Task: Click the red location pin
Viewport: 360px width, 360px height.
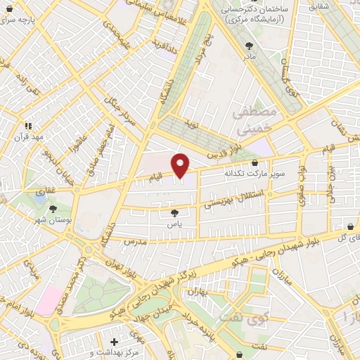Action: click(x=181, y=166)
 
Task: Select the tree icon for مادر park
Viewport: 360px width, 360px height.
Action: click(x=247, y=44)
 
